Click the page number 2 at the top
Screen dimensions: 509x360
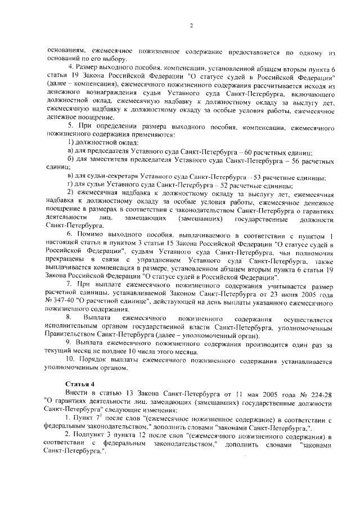pos(192,25)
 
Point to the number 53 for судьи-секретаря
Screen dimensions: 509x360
pos(259,177)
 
